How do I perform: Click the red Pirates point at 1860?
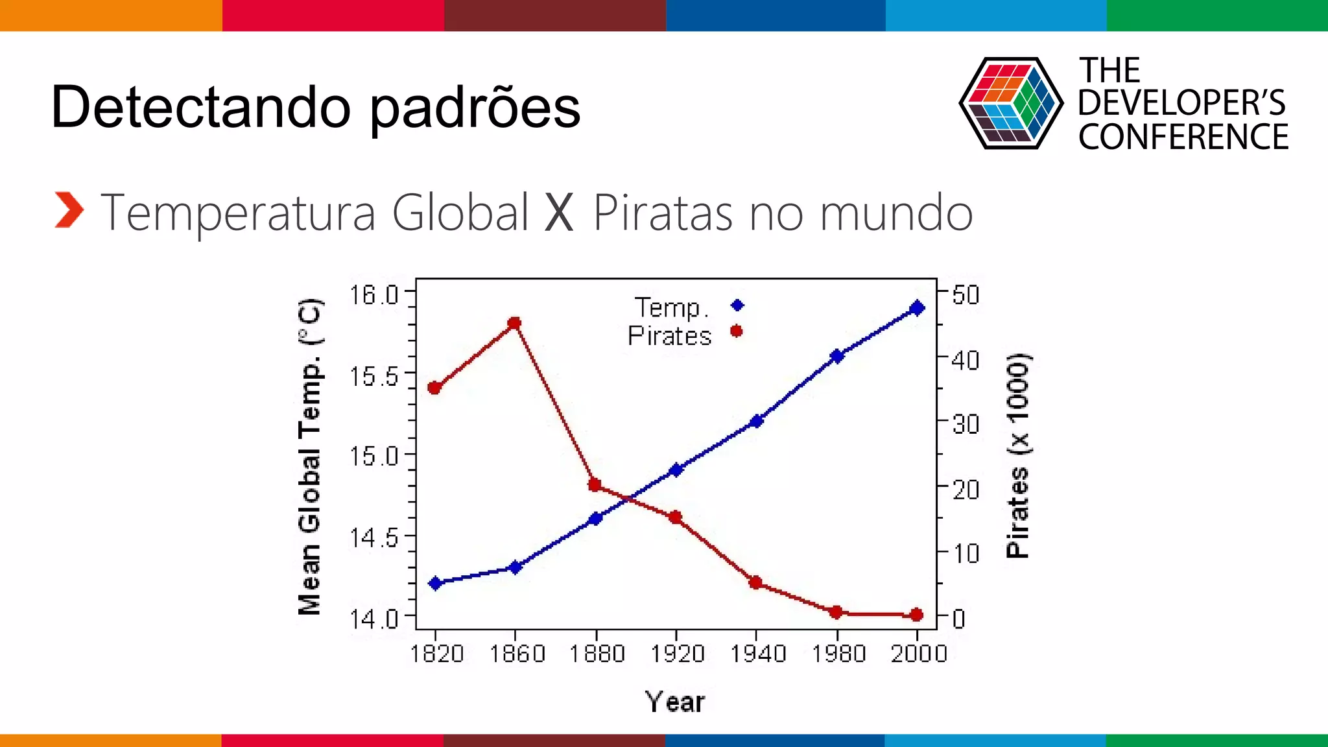click(x=515, y=323)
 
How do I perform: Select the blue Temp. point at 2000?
click(x=916, y=308)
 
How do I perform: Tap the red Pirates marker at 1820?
click(x=434, y=388)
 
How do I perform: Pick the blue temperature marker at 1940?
click(x=756, y=421)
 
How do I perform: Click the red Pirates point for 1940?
click(x=755, y=582)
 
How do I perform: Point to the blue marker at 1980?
click(x=836, y=356)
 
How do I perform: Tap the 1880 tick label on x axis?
click(x=597, y=654)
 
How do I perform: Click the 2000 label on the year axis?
click(x=918, y=654)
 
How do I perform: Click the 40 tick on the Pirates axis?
click(x=966, y=360)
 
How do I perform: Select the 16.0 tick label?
click(x=374, y=295)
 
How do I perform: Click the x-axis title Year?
click(x=674, y=702)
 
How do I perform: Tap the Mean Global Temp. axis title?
click(x=310, y=456)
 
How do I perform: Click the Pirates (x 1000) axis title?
click(x=1017, y=456)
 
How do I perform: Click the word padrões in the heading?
click(x=475, y=108)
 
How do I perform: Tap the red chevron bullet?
click(x=69, y=210)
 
